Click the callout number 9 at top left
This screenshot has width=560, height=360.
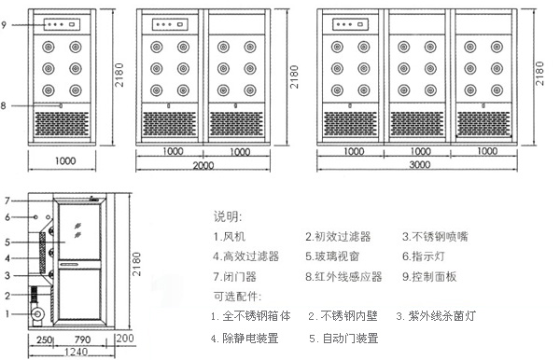[x=6, y=25]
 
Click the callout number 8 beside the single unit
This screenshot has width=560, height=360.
[x=5, y=106]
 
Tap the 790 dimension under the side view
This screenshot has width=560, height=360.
[x=83, y=339]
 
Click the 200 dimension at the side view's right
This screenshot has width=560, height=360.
[x=126, y=339]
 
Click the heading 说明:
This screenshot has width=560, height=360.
[x=227, y=216]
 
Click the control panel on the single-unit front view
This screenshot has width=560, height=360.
[x=63, y=26]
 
